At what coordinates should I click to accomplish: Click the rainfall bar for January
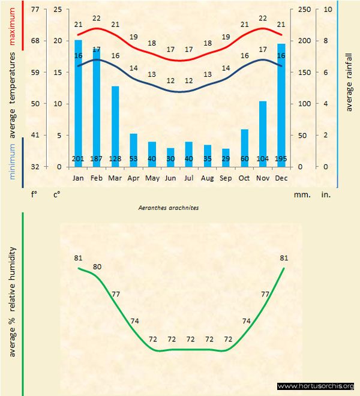point(78,102)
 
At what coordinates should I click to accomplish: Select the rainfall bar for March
point(115,126)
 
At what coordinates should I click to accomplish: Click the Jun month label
point(170,178)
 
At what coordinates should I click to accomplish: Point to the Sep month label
point(226,178)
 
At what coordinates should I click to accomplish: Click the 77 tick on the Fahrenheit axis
point(35,10)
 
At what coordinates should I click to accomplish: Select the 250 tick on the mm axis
point(305,10)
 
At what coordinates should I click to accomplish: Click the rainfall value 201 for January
point(78,158)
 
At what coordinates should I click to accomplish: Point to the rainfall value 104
point(262,158)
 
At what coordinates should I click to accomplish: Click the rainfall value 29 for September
point(226,158)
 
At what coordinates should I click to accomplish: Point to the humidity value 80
point(97,266)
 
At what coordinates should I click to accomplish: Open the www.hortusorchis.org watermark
point(316,386)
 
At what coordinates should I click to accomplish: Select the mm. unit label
point(301,194)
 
